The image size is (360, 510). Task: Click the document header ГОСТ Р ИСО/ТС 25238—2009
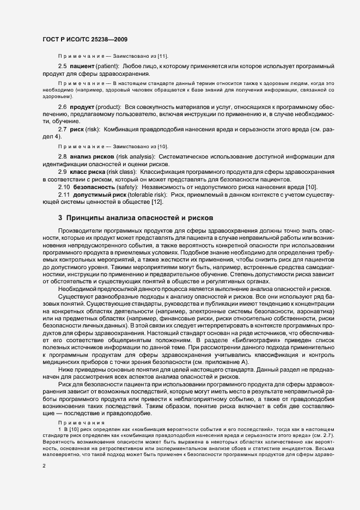click(x=85, y=39)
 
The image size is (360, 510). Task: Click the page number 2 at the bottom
click(x=44, y=466)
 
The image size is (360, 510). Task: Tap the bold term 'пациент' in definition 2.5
click(x=83, y=66)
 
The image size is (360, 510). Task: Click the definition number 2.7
click(x=62, y=128)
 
